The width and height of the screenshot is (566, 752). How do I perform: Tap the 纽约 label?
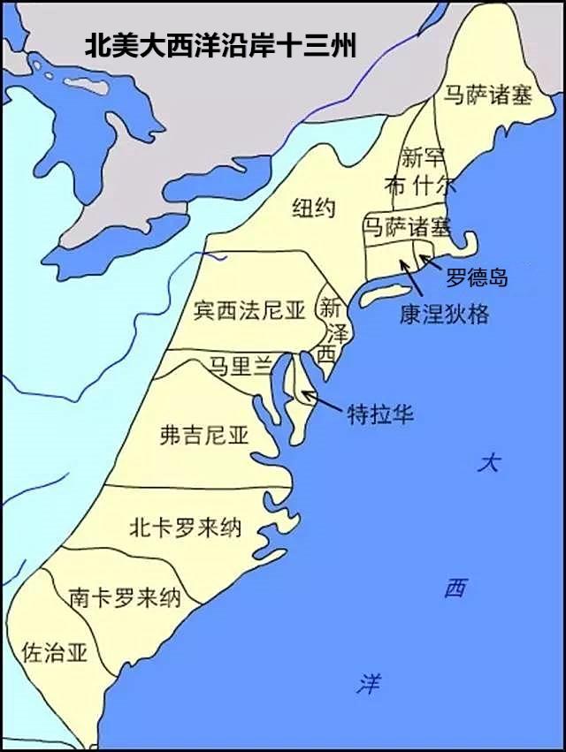click(x=314, y=209)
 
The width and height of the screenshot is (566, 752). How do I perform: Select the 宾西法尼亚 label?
click(x=249, y=310)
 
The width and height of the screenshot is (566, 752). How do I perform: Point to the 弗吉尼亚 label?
click(x=203, y=434)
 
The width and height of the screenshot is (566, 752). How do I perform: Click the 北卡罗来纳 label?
click(x=185, y=528)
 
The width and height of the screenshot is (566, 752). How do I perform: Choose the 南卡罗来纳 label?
click(x=125, y=598)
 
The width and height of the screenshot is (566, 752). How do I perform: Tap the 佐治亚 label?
click(x=55, y=653)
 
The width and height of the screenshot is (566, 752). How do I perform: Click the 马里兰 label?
click(x=239, y=365)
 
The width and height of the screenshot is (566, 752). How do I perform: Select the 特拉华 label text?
click(x=380, y=414)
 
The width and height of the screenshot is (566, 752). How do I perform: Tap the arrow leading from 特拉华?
click(x=327, y=404)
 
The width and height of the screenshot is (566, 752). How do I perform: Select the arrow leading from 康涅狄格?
click(x=410, y=279)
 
